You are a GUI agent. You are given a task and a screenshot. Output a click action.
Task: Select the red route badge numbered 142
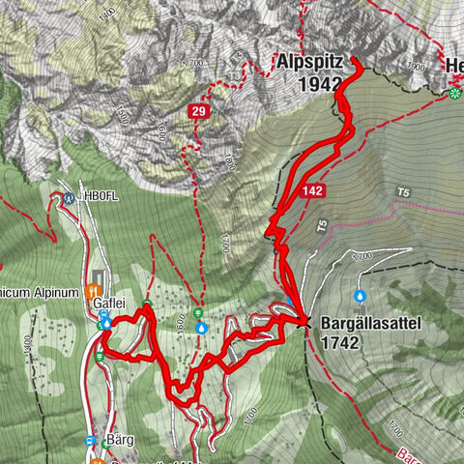coord(311,191)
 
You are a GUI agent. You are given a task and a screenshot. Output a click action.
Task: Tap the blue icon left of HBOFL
coord(70,198)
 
